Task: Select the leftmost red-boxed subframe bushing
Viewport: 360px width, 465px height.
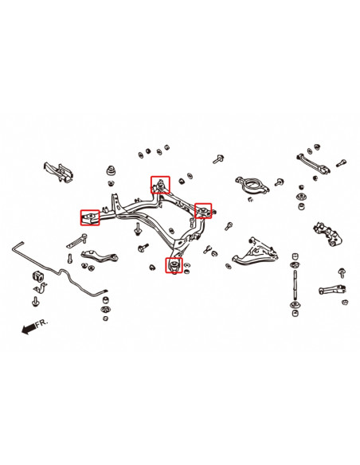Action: (x=90, y=216)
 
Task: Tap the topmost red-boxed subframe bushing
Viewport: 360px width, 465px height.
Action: (x=161, y=185)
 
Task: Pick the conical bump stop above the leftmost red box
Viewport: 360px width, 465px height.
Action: (x=112, y=174)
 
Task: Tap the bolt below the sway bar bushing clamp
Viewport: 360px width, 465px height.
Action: (x=37, y=302)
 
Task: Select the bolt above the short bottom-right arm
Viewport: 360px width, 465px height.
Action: (x=342, y=272)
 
